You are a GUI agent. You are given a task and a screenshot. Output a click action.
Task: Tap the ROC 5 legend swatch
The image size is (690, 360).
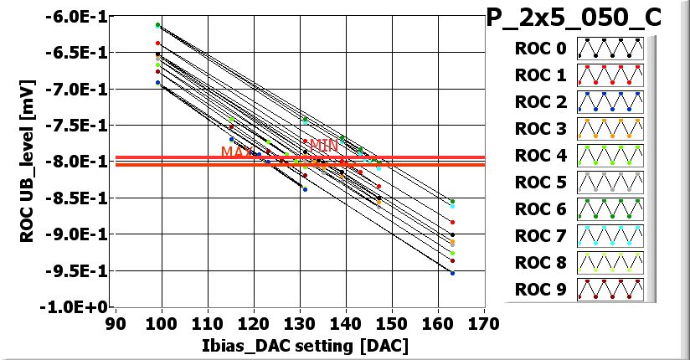click(x=610, y=183)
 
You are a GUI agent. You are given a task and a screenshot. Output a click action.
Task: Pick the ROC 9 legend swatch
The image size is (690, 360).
click(x=610, y=290)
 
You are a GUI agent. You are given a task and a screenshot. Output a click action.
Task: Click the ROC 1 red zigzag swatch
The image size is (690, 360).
click(x=610, y=75)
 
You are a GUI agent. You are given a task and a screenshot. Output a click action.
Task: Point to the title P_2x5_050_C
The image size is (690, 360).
click(x=586, y=18)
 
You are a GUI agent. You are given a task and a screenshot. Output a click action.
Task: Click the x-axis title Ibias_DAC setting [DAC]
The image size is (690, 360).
click(x=298, y=344)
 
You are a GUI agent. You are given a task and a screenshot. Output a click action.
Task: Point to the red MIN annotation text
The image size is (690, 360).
click(x=317, y=144)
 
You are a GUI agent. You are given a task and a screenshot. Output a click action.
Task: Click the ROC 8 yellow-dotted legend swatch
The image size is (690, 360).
click(x=610, y=263)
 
